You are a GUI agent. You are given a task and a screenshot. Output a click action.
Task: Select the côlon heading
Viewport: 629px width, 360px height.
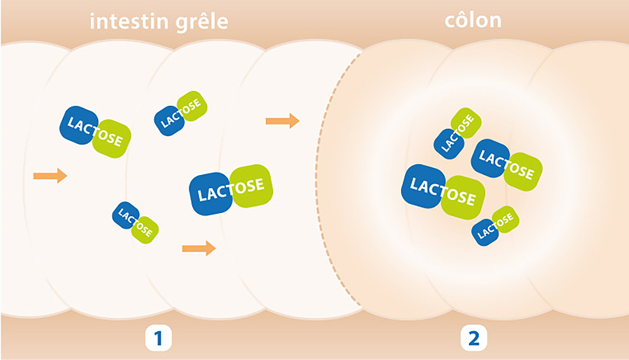pyautogui.click(x=473, y=20)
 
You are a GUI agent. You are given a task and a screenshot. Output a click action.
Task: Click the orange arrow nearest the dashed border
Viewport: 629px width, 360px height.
pyautogui.click(x=282, y=121)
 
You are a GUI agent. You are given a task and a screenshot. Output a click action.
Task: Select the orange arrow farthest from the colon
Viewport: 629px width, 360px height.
pyautogui.click(x=50, y=175)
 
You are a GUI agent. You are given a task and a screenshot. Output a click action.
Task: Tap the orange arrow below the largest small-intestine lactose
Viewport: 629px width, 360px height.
pyautogui.click(x=199, y=248)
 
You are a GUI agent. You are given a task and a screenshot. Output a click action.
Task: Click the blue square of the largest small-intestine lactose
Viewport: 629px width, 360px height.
pyautogui.click(x=210, y=194)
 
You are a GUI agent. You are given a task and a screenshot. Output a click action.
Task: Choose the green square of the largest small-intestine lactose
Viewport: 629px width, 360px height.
pyautogui.click(x=251, y=186)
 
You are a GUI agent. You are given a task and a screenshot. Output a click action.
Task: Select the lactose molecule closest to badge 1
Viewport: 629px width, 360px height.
pyautogui.click(x=135, y=222)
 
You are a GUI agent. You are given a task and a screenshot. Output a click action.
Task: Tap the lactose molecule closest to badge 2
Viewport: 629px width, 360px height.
pyautogui.click(x=495, y=224)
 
